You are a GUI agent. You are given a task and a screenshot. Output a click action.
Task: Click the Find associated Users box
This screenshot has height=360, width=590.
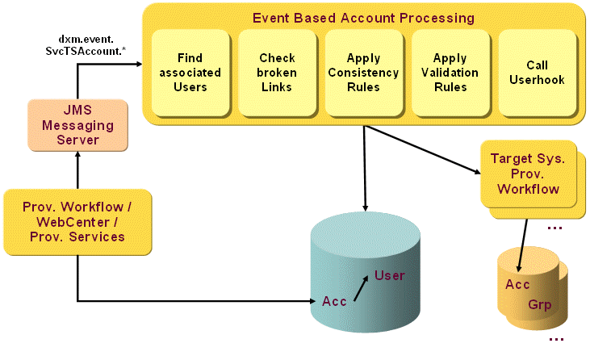(190, 73)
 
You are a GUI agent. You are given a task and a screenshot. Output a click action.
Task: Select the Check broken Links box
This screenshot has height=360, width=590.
(277, 73)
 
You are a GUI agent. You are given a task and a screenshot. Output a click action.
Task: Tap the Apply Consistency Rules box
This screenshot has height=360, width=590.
(363, 73)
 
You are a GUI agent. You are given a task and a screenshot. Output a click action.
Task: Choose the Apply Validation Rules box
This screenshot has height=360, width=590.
(450, 73)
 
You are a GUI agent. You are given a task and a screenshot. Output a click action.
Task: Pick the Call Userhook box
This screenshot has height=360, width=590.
(537, 73)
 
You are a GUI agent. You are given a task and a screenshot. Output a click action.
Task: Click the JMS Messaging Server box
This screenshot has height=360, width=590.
(77, 125)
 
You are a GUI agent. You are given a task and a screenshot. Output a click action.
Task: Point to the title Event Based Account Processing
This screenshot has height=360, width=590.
(363, 17)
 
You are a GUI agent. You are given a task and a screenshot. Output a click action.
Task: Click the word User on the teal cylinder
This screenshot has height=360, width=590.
(389, 276)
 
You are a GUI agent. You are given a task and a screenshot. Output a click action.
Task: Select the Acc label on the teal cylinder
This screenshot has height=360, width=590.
(334, 301)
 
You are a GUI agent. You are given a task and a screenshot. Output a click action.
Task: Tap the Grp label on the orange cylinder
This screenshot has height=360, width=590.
(540, 305)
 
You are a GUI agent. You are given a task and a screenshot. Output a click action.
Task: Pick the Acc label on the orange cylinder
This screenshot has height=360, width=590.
(517, 285)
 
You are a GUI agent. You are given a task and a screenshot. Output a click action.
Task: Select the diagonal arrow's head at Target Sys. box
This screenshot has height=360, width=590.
(474, 169)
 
